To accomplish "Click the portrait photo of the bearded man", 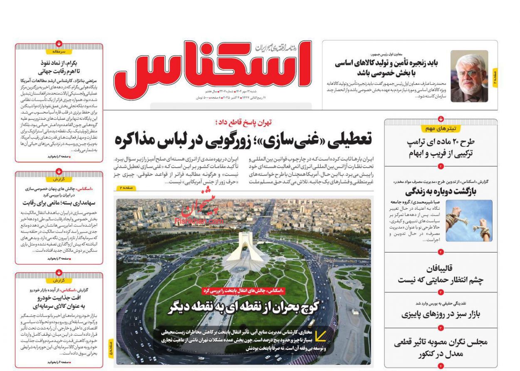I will (469, 76).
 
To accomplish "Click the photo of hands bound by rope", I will (469, 220).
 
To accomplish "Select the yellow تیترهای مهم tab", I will (441, 129).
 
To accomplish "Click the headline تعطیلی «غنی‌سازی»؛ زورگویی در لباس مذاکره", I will (243, 140).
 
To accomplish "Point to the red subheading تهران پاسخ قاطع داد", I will (244, 122).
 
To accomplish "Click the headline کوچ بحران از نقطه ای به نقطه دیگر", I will (243, 307).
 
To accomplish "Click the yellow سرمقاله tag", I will (59, 52).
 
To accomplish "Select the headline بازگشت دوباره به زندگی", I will (441, 192).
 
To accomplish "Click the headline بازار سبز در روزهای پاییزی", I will (441, 314).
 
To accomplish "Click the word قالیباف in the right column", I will (441, 268).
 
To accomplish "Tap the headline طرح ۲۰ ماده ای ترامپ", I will (441, 142).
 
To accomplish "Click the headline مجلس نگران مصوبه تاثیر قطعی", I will (441, 342).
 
